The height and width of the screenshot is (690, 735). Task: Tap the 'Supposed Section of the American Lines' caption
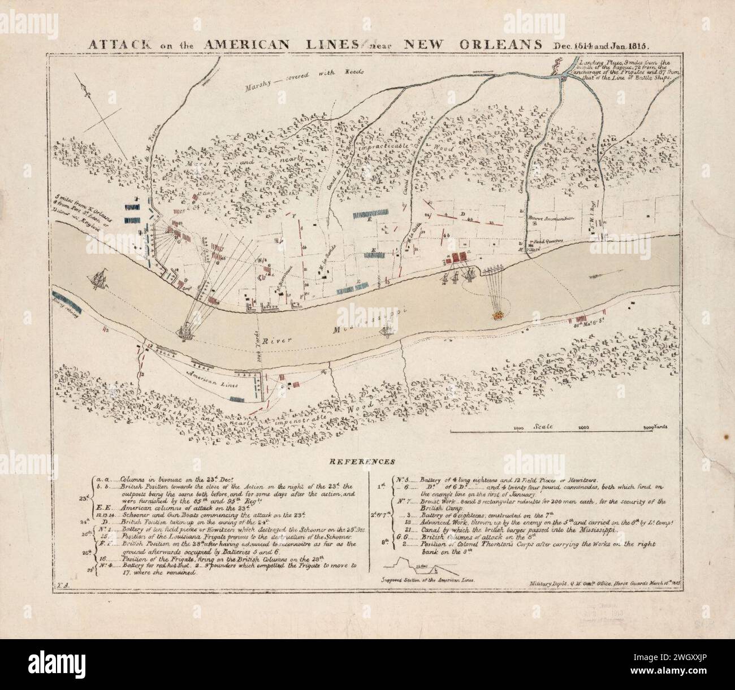[427, 580]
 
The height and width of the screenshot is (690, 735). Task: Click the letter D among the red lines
[462, 214]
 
